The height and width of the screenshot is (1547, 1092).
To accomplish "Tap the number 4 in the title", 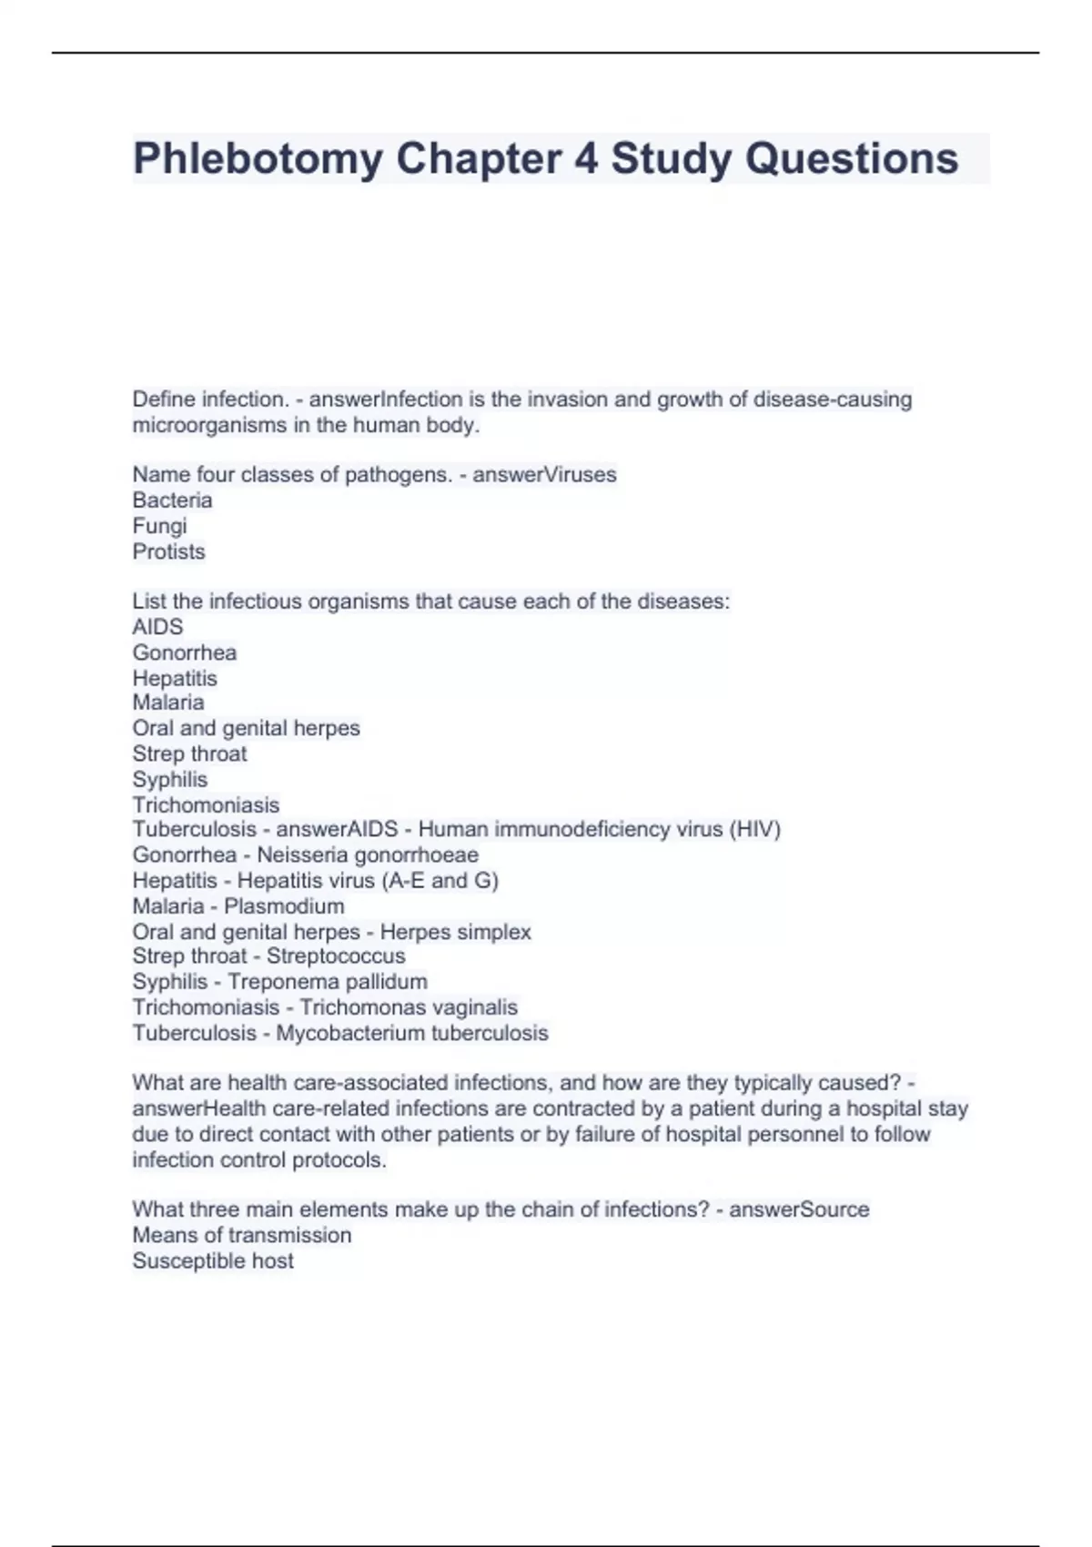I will tap(586, 159).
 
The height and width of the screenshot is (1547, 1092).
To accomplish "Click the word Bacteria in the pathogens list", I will tap(172, 500).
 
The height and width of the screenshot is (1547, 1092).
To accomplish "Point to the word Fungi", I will tap(159, 526).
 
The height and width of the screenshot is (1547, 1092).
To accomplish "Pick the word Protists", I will tap(168, 551).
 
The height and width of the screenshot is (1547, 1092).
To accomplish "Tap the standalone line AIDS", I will tap(157, 627).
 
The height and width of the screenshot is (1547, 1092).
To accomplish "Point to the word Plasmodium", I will tap(284, 906).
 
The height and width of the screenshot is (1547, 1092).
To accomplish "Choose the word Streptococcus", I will tap(336, 956).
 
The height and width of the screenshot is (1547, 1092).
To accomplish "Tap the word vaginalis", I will tap(470, 1007).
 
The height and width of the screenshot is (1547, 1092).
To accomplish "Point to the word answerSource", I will tap(799, 1209).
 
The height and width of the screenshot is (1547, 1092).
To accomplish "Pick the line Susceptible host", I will tap(213, 1261).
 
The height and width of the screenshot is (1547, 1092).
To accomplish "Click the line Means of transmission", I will tap(241, 1235).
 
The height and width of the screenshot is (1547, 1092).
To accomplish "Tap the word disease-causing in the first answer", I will tap(832, 399).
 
